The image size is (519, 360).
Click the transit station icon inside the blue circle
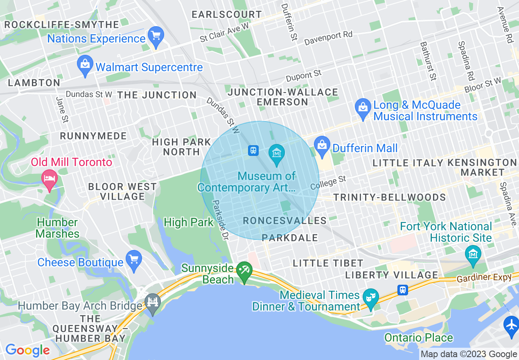tap(253, 151)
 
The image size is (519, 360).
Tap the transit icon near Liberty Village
tap(403, 290)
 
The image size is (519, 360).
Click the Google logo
tap(27, 351)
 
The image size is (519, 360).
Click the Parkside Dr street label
tap(220, 219)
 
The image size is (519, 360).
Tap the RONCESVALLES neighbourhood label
tap(285, 221)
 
